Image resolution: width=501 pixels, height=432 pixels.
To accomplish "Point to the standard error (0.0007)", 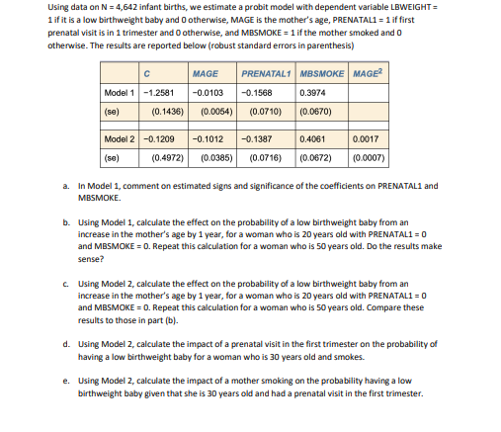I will click(x=370, y=156).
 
